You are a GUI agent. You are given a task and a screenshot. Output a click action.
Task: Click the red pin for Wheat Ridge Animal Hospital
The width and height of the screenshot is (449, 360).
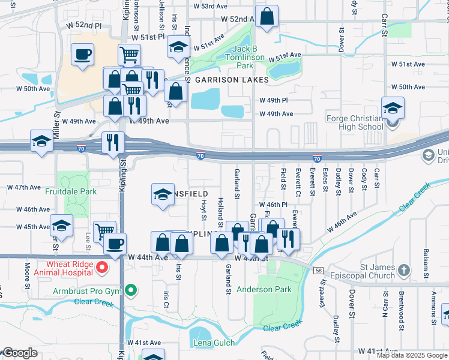coord(102,268)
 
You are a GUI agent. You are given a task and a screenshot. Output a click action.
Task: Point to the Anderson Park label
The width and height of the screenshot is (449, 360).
coord(264,289)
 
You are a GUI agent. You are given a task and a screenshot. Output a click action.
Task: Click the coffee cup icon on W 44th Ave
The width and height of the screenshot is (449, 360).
coord(115,244)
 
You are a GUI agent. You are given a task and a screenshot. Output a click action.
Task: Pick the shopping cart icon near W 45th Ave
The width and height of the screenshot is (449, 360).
coord(105,230)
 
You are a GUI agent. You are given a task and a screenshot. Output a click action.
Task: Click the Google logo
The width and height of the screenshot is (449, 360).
coord(19,353)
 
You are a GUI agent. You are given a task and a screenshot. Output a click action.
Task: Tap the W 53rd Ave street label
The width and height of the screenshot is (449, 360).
coord(210,6)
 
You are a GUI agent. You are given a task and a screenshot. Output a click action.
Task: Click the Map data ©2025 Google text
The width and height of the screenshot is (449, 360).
coord(412,355)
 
